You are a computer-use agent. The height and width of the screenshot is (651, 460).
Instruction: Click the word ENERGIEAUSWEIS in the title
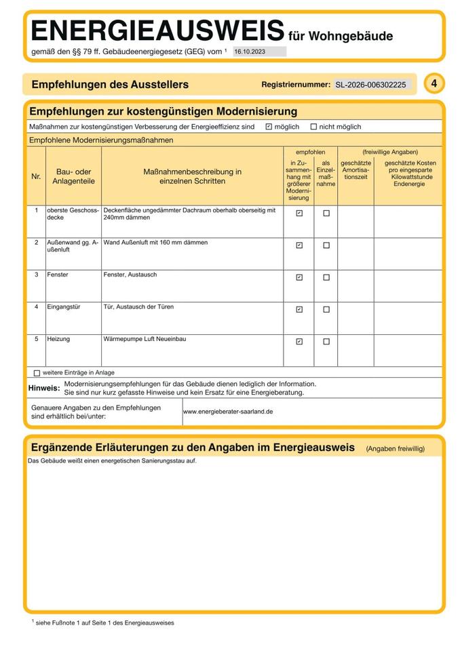tap(157, 31)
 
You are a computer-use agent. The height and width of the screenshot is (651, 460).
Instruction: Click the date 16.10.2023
tap(250, 52)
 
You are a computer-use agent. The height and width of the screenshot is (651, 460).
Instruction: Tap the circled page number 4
tap(434, 83)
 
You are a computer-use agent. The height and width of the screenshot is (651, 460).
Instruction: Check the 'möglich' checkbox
tap(269, 127)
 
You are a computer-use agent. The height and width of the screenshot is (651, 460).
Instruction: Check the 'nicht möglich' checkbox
tap(313, 127)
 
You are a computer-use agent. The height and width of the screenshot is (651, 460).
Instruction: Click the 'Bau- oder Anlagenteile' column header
tap(73, 176)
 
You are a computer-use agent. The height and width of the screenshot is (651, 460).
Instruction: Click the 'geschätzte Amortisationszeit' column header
tap(356, 170)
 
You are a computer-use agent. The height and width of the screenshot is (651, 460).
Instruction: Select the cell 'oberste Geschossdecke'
tap(73, 214)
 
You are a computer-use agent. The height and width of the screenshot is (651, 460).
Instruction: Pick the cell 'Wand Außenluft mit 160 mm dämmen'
tap(155, 242)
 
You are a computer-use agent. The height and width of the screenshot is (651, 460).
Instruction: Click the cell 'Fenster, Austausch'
tap(130, 275)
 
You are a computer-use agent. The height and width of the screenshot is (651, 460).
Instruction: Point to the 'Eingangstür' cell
tap(63, 307)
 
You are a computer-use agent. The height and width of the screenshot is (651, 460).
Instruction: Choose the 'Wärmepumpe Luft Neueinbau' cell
tap(145, 338)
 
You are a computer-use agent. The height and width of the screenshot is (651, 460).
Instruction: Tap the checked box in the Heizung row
tap(299, 342)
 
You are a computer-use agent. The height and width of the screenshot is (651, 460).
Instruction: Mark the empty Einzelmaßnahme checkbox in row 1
tap(326, 213)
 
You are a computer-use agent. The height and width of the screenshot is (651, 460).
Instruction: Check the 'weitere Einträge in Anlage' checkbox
tap(37, 373)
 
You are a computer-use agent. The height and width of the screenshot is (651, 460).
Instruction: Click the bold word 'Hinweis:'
tap(43, 389)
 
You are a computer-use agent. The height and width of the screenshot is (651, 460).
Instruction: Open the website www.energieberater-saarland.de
tap(228, 412)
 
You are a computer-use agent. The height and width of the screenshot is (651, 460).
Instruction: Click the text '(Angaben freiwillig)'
tap(395, 449)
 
